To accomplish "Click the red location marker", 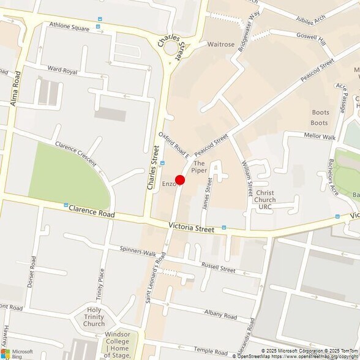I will [x=180, y=180].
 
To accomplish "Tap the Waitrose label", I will [x=221, y=45].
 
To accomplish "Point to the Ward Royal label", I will [x=62, y=71].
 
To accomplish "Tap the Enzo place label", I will [x=168, y=184].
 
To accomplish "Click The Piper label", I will [x=199, y=167].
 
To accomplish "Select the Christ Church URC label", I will [x=265, y=200].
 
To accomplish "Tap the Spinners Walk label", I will [x=138, y=251].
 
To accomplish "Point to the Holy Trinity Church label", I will [x=94, y=316].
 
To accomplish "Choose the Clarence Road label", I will [x=91, y=213].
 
